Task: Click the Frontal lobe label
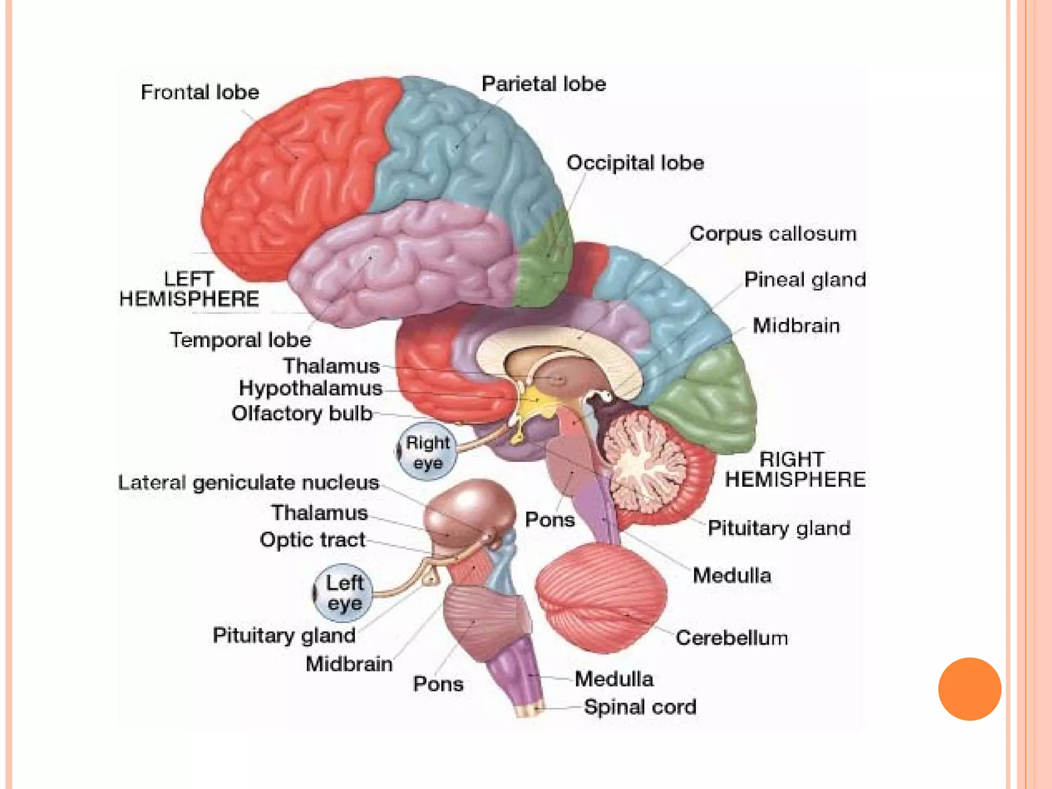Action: tap(200, 92)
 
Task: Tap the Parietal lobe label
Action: tap(543, 84)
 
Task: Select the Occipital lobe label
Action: tap(635, 163)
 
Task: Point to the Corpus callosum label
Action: tap(773, 234)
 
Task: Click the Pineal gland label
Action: tap(804, 280)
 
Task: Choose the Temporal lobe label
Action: tap(240, 340)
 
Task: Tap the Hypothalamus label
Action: tap(310, 388)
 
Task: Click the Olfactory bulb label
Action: tap(302, 414)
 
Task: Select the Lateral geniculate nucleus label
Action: tap(249, 483)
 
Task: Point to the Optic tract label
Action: tap(312, 540)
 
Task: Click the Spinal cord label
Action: tap(640, 707)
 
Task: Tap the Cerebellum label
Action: tap(731, 638)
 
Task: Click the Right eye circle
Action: tap(427, 452)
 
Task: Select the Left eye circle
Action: tap(343, 593)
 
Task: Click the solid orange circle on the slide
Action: tap(969, 689)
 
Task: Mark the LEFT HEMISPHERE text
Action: tap(189, 289)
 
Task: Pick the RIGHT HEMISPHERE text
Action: tap(794, 469)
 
